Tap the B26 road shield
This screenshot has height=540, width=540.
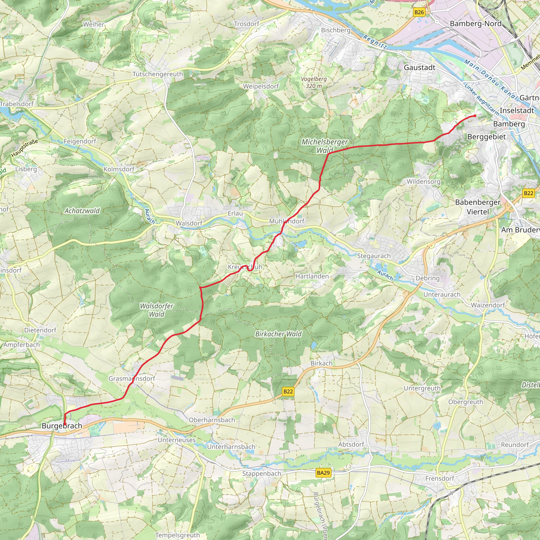[419, 12]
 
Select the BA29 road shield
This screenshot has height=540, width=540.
[323, 473]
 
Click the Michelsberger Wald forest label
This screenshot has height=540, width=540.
[325, 146]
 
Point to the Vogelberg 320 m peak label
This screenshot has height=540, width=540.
[314, 83]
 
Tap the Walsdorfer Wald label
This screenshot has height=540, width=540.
[157, 310]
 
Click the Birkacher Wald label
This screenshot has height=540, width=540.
[278, 334]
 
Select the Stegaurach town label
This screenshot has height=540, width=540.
[374, 256]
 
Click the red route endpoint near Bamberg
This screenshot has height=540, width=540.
[475, 116]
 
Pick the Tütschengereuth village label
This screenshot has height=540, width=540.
[158, 74]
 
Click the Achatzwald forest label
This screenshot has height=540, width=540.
[82, 211]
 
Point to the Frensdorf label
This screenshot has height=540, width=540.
[440, 479]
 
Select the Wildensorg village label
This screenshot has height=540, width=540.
[423, 181]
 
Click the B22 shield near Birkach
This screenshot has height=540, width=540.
[288, 391]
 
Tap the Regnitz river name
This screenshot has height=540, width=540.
[375, 42]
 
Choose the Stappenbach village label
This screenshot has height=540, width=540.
[262, 474]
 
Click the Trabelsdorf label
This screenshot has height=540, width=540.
[17, 104]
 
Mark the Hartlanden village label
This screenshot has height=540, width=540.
[312, 276]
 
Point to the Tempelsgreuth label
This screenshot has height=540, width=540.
[177, 535]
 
